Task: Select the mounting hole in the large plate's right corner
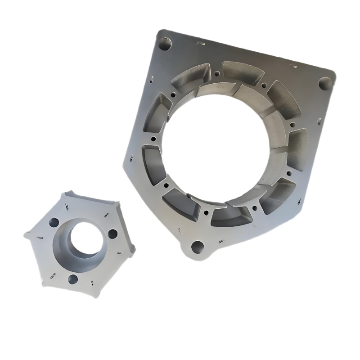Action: pos(325,83)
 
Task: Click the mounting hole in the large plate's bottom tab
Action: pos(197,247)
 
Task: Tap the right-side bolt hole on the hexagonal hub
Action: pos(112,234)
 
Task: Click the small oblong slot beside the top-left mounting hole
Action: pos(201,44)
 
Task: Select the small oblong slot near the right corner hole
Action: pos(295,67)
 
